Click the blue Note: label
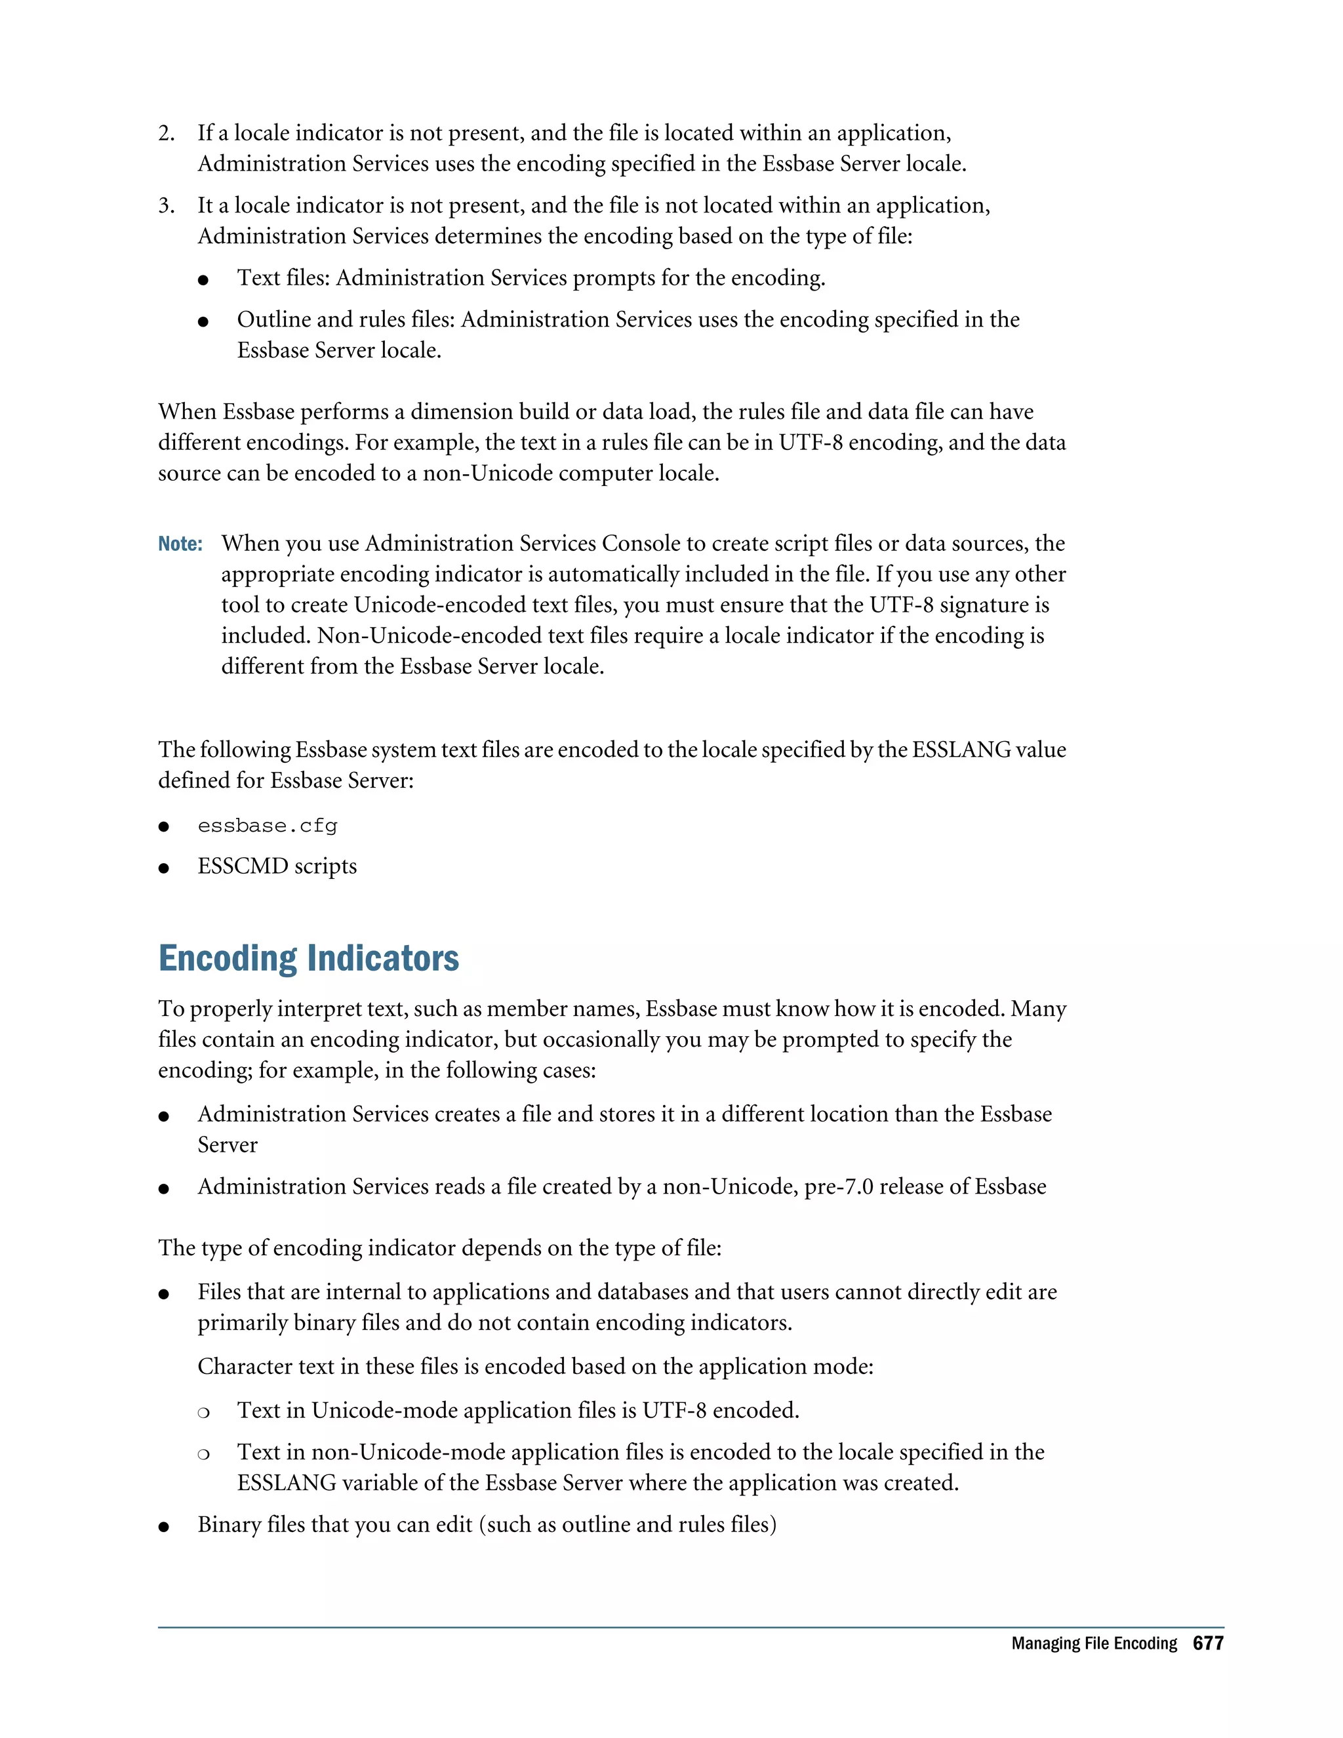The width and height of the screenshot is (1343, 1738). tap(180, 544)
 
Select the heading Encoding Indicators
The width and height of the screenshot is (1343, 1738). tap(309, 958)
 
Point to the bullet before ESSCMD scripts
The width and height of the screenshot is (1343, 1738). tap(164, 868)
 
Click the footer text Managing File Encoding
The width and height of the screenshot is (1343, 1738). tap(1094, 1644)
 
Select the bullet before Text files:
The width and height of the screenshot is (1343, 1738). tap(204, 280)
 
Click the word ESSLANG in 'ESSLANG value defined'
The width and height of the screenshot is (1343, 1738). tap(961, 750)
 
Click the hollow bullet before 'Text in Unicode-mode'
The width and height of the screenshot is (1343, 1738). tap(204, 1413)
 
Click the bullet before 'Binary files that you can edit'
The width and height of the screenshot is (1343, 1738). tap(164, 1526)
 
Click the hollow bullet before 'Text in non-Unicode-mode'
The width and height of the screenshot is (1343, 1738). tap(204, 1454)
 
